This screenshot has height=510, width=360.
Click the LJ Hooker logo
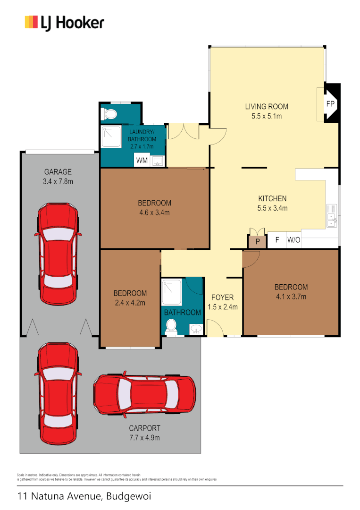pyautogui.click(x=64, y=23)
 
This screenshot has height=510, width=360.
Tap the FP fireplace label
pyautogui.click(x=330, y=103)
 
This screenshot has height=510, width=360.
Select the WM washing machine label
pyautogui.click(x=142, y=161)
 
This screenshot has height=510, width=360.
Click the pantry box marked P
pyautogui.click(x=257, y=241)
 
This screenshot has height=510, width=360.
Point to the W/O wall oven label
pyautogui.click(x=293, y=240)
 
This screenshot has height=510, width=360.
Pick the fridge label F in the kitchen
pyautogui.click(x=277, y=240)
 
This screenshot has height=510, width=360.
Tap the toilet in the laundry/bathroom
pyautogui.click(x=110, y=113)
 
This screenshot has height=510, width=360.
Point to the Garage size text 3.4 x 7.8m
pyautogui.click(x=58, y=181)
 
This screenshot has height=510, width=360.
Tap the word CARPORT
pyautogui.click(x=144, y=428)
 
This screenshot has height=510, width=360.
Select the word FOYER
pyautogui.click(x=222, y=297)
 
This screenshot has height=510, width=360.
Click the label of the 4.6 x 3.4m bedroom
pyautogui.click(x=154, y=203)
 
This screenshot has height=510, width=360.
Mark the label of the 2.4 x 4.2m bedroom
pyautogui.click(x=130, y=293)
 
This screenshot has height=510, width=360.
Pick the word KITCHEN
pyautogui.click(x=272, y=198)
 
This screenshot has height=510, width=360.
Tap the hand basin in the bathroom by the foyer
pyautogui.click(x=196, y=328)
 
